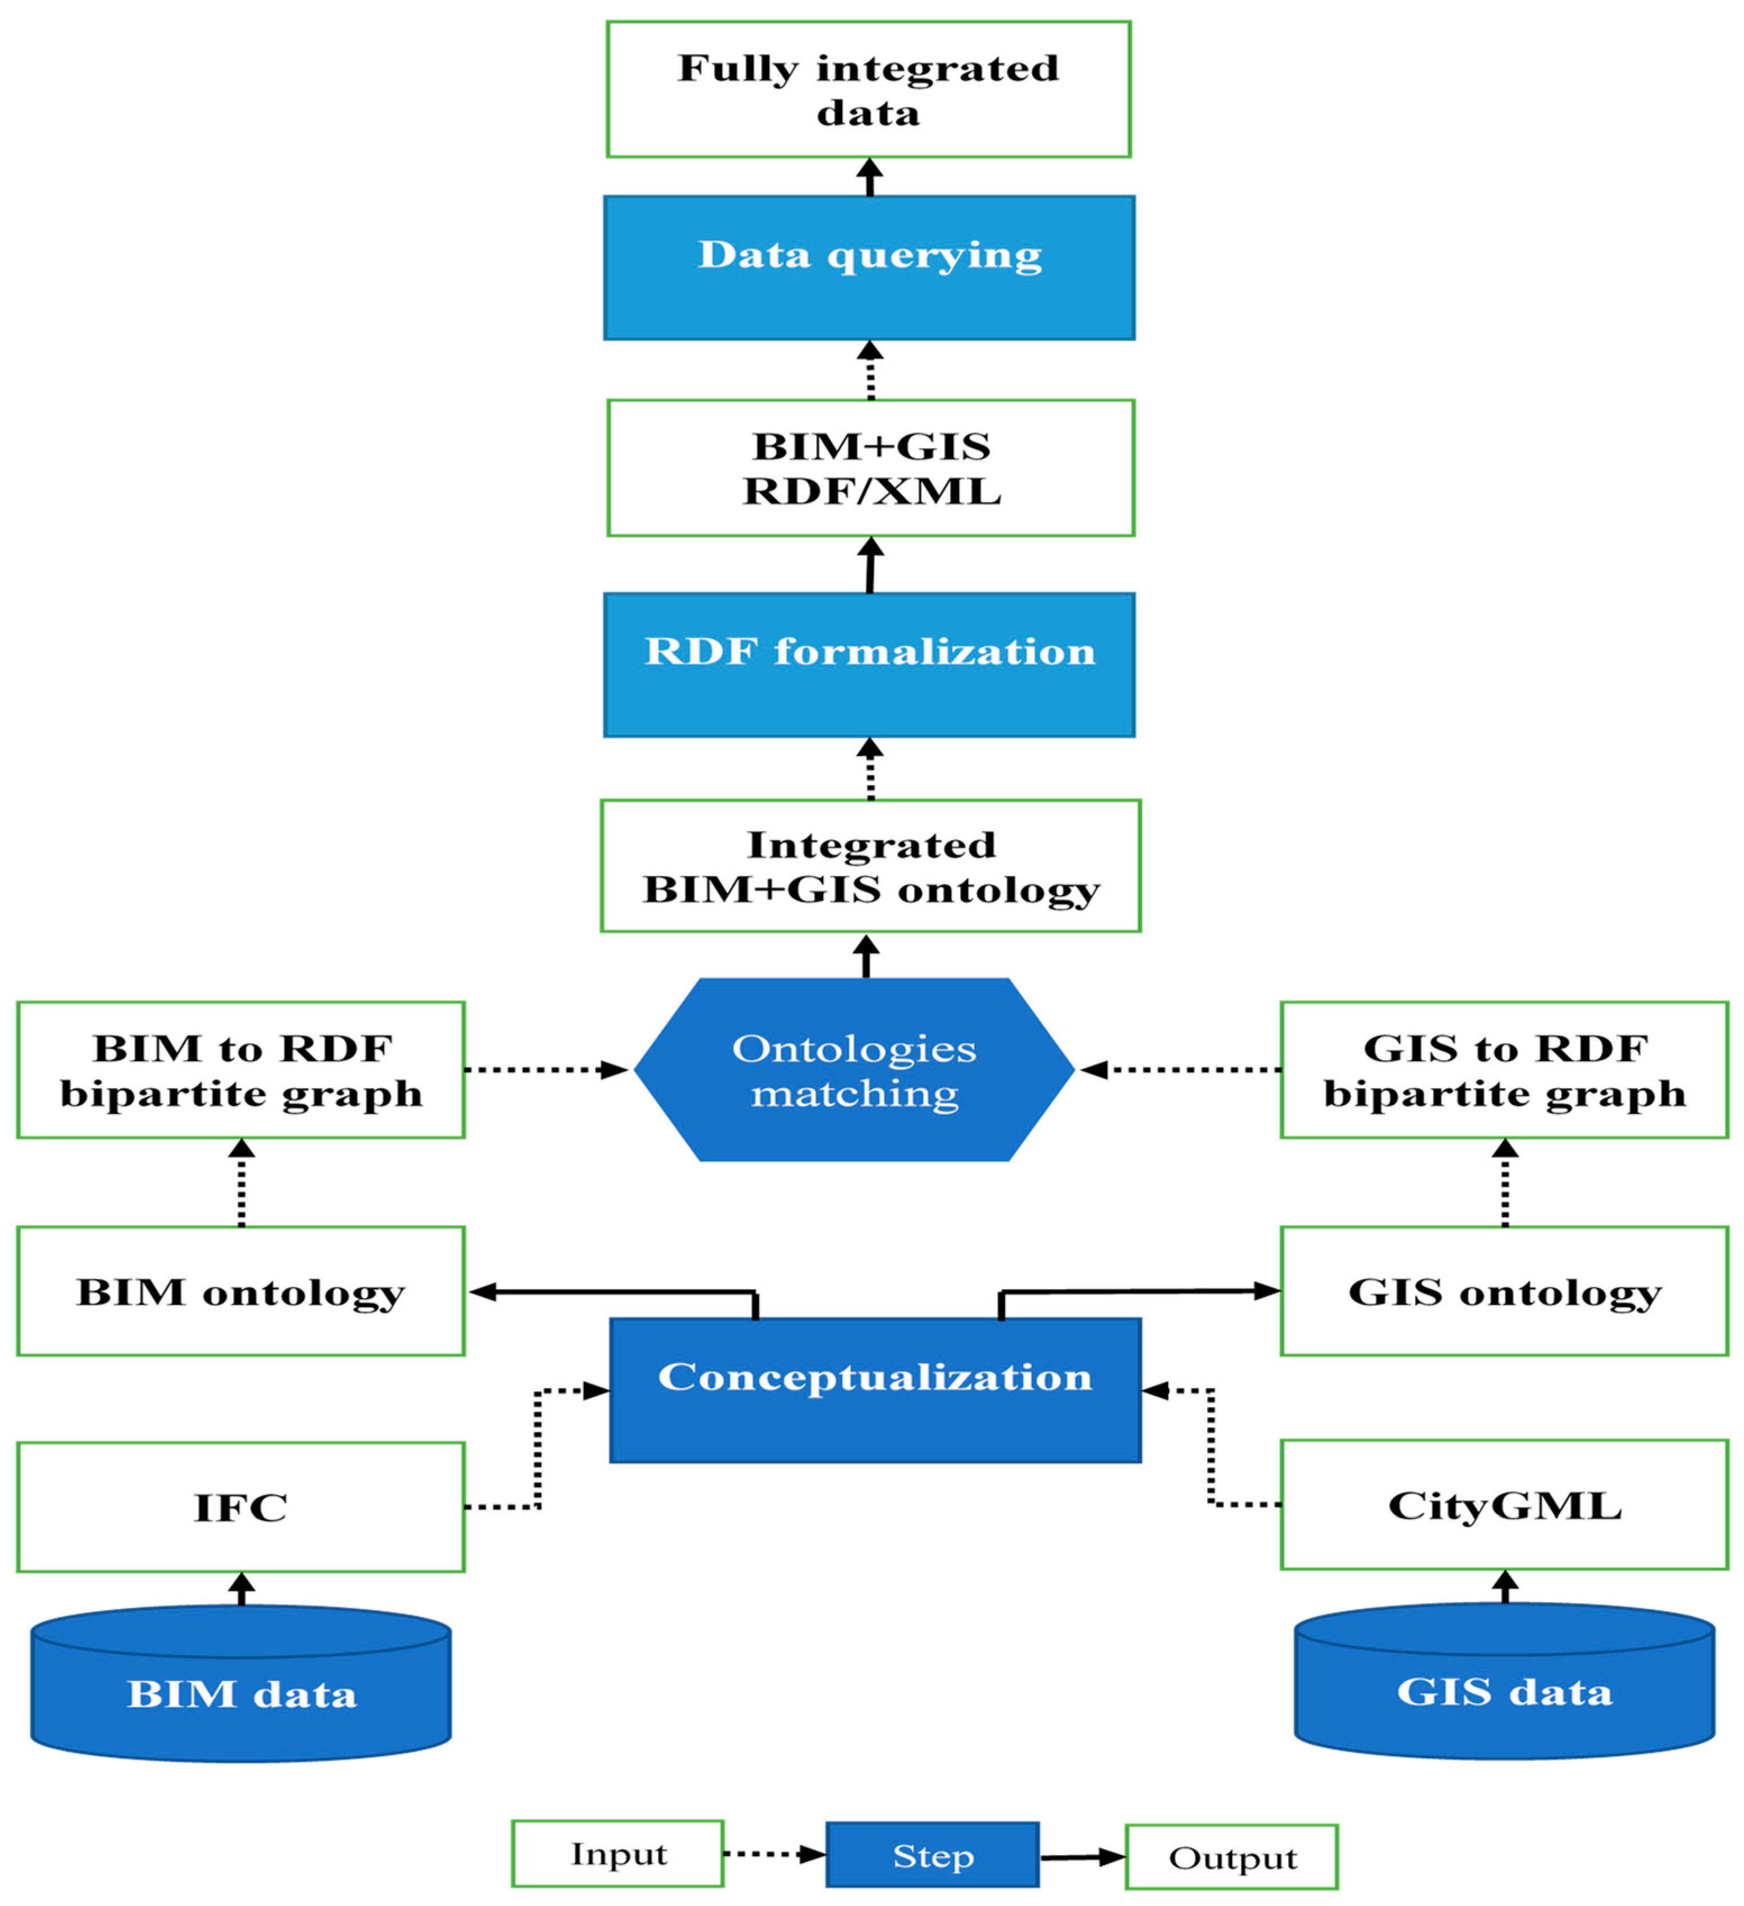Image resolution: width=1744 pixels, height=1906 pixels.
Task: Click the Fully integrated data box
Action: point(868,90)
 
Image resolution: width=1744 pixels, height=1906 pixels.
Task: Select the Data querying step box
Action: point(868,268)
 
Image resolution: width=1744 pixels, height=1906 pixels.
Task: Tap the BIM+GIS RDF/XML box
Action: point(870,468)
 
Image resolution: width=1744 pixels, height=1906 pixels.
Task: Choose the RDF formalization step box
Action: point(868,665)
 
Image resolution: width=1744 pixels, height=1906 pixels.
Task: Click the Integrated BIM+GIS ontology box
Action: point(870,866)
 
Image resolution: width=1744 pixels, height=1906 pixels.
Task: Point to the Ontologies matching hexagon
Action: point(854,1069)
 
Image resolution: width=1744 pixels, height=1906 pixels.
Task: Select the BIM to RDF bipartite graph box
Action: point(241,1069)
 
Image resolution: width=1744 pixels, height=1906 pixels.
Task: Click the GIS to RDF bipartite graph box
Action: point(1504,1069)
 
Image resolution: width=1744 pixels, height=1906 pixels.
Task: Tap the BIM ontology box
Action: point(241,1291)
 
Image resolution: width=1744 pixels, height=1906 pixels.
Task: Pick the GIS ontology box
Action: point(1504,1291)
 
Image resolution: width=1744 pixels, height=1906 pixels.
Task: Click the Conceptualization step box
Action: point(875,1390)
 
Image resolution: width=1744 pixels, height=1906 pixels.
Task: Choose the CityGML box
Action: point(1504,1505)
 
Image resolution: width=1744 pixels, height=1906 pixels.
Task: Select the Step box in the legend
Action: point(933,1856)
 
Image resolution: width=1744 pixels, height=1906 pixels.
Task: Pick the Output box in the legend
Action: point(1231,1858)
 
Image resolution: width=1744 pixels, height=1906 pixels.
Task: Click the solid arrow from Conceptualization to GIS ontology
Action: point(1135,1291)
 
